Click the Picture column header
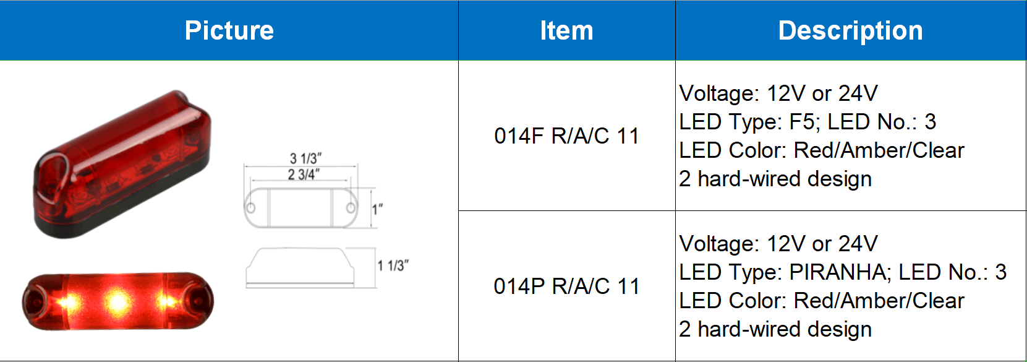[x=229, y=31]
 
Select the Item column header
[x=567, y=31]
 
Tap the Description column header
[x=851, y=31]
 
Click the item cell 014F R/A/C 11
[x=567, y=136]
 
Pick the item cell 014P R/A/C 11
[x=567, y=287]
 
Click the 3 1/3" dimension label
[x=306, y=158]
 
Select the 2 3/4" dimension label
[x=304, y=175]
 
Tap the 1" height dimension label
[x=377, y=210]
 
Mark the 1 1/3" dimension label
[x=393, y=265]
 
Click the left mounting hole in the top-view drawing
[x=251, y=209]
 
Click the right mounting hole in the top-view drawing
[x=351, y=209]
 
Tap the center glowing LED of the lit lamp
[x=118, y=302]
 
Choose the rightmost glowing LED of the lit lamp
[x=166, y=302]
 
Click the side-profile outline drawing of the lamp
[x=300, y=268]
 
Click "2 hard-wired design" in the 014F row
[x=775, y=179]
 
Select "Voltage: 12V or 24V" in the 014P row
[x=778, y=244]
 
